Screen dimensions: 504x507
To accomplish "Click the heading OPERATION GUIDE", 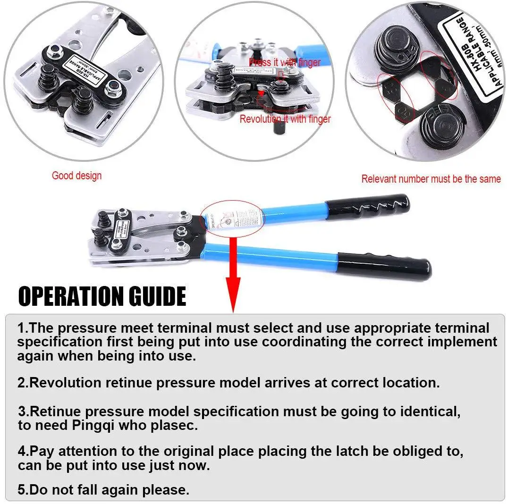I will click(102, 296).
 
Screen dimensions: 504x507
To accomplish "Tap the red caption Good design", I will click(76, 176).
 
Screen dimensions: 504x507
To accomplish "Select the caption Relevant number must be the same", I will click(431, 179).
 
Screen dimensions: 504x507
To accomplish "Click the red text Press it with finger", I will click(285, 62).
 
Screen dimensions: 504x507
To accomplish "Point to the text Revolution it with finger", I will click(285, 119).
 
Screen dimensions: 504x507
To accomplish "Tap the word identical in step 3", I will click(429, 412).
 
